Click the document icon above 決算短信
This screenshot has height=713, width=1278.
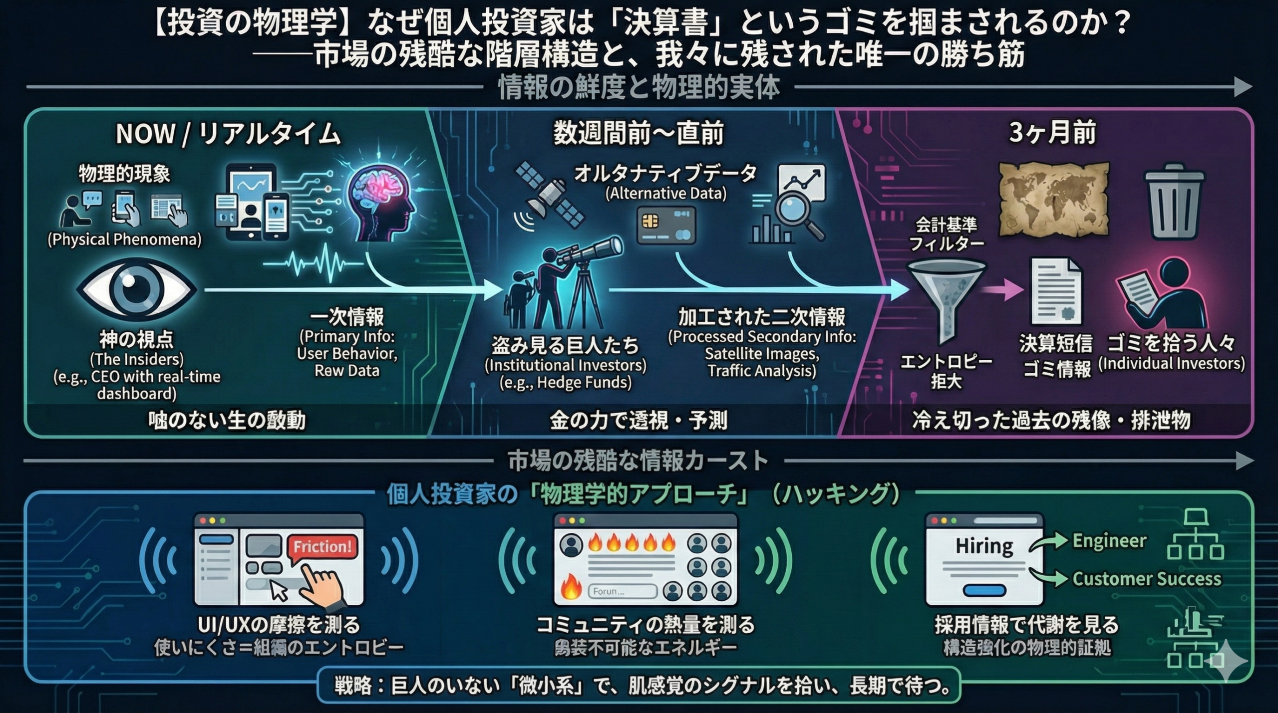[1056, 291]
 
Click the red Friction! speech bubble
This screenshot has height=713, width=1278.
[322, 546]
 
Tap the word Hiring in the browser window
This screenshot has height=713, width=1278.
[983, 546]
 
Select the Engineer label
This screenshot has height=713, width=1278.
[1109, 540]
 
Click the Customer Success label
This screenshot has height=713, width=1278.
[1147, 579]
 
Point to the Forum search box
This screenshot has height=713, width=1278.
[622, 591]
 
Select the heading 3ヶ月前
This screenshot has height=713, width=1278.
[1052, 133]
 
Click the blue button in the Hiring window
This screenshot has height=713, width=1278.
[984, 590]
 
